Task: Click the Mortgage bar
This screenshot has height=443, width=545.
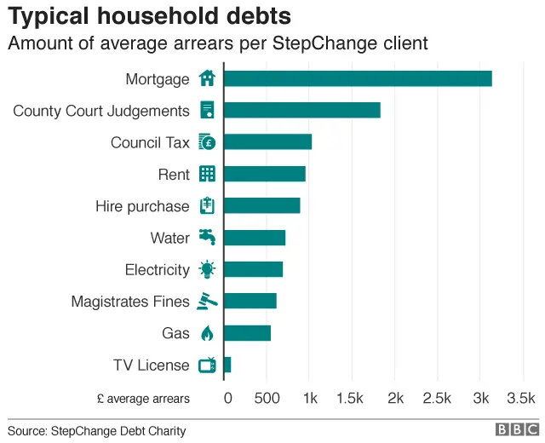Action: point(358,78)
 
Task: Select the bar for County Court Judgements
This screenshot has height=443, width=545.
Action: point(301,111)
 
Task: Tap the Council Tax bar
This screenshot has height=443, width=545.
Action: point(267,142)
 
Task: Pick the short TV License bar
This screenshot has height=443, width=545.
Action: point(227,365)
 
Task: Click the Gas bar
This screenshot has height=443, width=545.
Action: point(247,333)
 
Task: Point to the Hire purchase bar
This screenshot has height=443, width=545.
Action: point(261,206)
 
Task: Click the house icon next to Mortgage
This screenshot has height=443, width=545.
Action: point(207,78)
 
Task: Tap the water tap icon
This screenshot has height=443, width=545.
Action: point(207,237)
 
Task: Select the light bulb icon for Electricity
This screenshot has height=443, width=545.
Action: point(207,269)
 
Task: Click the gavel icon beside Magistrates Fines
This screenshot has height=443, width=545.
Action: point(207,301)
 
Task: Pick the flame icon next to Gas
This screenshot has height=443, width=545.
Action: point(207,333)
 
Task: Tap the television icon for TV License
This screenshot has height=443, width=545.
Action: point(207,365)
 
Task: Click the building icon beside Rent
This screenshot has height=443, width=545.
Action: point(207,174)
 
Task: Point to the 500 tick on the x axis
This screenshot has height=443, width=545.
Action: point(267,398)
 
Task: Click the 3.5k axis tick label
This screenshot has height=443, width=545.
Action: point(520,398)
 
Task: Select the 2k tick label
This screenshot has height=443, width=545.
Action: point(395,398)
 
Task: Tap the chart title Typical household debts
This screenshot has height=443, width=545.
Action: point(150,16)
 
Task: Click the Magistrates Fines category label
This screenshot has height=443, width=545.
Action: point(130,302)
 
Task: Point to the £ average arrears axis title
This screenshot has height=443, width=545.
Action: point(143,398)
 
